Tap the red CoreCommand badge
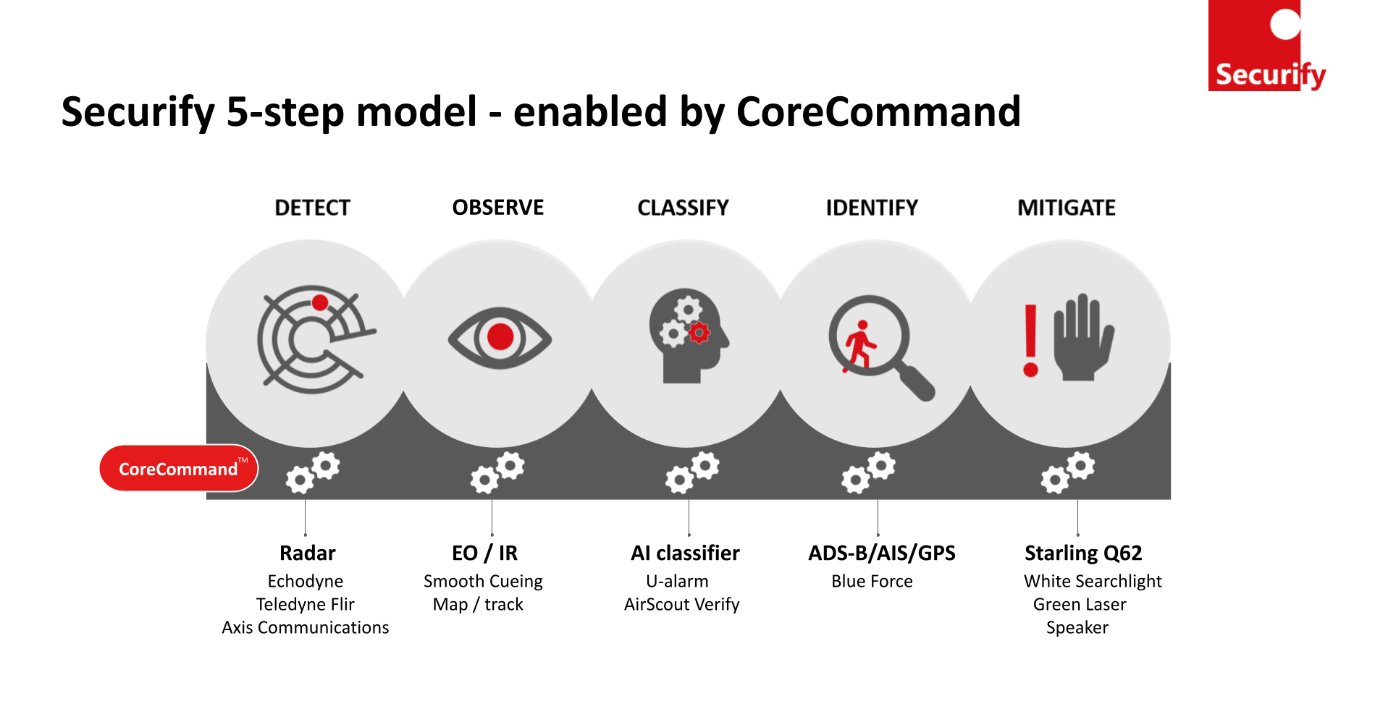pos(179,469)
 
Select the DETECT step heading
pos(312,208)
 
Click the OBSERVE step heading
pos(498,208)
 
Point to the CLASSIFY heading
pos(683,208)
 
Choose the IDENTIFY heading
pos(872,208)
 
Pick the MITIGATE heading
pos(1067,208)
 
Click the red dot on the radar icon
pos(320,302)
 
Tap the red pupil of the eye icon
pos(500,337)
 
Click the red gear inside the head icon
pos(699,333)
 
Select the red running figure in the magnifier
pos(859,346)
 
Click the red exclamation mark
pos(1030,341)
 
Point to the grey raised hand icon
pos(1083,337)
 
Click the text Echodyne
pos(306,582)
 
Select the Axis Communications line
pos(306,627)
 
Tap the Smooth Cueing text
pos(483,582)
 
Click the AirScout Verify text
pos(682,605)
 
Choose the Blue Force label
pos(872,582)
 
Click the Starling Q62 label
pos(1083,553)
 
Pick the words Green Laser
pos(1080,605)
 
